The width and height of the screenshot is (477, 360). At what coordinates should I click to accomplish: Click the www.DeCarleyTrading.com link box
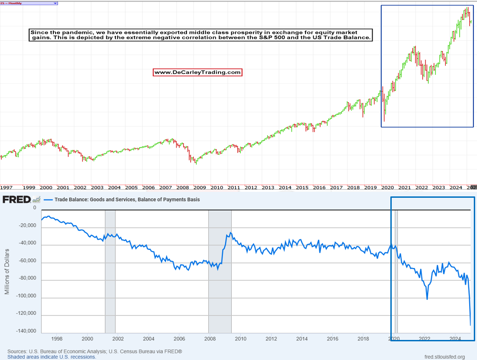click(197, 72)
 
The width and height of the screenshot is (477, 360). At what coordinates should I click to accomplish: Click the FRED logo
click(17, 199)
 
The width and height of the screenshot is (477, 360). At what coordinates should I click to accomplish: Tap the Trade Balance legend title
click(127, 200)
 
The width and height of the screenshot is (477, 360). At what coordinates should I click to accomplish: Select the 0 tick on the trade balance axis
click(34, 208)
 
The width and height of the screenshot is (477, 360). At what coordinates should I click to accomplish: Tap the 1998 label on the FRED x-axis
click(57, 339)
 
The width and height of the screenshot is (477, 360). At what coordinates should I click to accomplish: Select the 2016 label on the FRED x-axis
click(332, 339)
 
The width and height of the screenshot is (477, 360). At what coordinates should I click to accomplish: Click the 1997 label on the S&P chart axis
click(6, 187)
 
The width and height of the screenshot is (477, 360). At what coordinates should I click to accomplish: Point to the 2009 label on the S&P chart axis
click(200, 187)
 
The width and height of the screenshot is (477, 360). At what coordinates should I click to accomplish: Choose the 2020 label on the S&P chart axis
click(387, 187)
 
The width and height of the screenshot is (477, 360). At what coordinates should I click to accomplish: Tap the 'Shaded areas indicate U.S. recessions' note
click(52, 357)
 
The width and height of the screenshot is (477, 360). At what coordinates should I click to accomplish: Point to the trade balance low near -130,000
click(470, 324)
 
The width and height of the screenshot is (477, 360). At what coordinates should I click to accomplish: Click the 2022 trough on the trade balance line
click(427, 299)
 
